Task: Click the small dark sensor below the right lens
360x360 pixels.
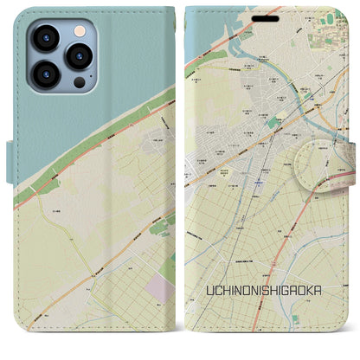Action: [x=80, y=84]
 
